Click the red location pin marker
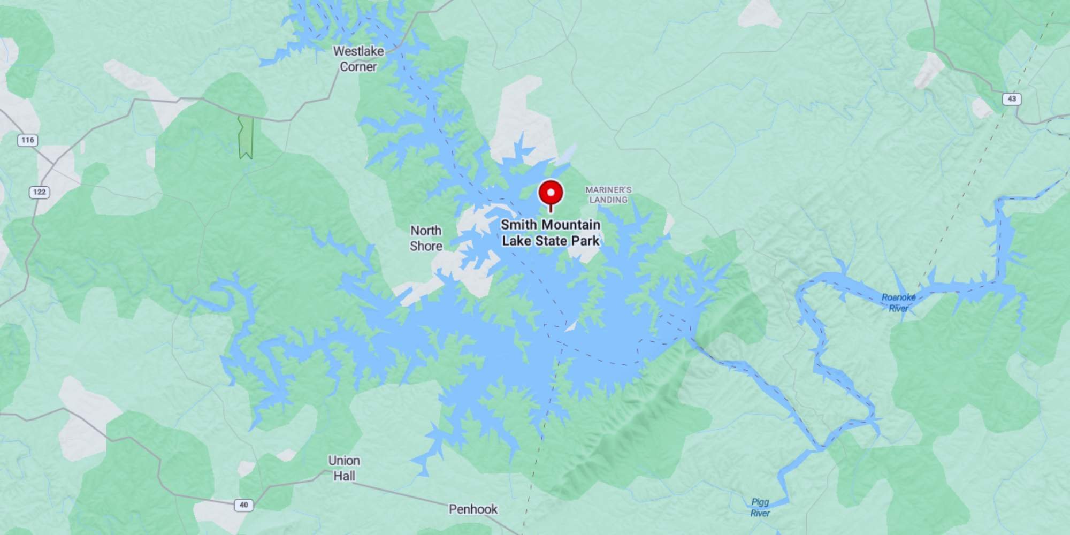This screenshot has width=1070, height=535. (551, 193)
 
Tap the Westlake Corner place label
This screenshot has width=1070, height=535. (358, 59)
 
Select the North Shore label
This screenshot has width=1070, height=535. (426, 238)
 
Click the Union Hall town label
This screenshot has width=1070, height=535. (344, 468)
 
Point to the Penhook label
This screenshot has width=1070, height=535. (473, 509)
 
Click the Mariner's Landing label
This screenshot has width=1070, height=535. (608, 195)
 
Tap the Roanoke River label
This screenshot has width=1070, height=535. (898, 302)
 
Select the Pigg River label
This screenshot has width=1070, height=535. (760, 507)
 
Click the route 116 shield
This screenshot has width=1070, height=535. (27, 140)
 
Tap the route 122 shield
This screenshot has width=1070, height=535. (39, 192)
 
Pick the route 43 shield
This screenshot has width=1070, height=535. (1012, 99)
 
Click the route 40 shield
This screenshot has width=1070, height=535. (243, 505)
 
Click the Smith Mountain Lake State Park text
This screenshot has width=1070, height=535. (551, 233)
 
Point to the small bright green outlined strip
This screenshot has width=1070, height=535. (246, 137)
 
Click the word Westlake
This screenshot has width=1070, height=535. (358, 51)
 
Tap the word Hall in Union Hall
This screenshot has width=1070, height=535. (344, 476)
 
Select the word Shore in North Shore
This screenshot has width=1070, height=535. (426, 246)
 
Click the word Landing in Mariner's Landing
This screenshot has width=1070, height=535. (608, 200)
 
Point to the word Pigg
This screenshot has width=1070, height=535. (760, 502)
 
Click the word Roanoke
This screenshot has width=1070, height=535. (898, 297)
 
